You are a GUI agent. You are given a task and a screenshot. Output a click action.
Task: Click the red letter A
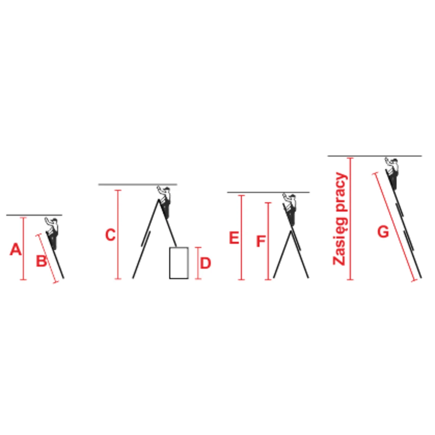(x=16, y=249)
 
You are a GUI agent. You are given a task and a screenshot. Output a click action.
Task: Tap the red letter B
(x=41, y=261)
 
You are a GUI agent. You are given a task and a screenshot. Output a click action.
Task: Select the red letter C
(x=111, y=235)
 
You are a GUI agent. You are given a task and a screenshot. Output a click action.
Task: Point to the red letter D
(x=206, y=263)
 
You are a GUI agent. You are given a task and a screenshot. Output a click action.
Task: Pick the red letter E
(x=234, y=238)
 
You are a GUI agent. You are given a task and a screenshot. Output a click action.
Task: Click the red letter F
(x=261, y=241)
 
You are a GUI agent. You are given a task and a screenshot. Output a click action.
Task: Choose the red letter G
(x=383, y=232)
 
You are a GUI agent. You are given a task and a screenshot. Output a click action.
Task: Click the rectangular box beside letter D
(x=179, y=263)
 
